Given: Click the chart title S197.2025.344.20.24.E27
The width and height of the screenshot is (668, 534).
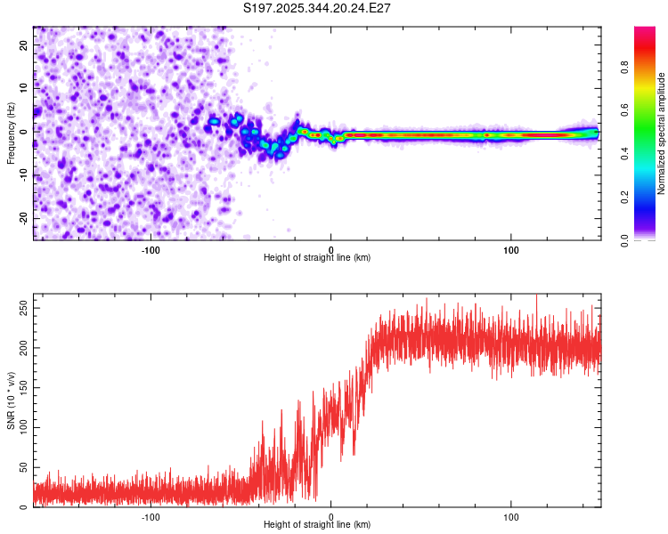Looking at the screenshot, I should point(318,8).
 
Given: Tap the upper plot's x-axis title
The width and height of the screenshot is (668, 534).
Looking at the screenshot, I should point(317,257).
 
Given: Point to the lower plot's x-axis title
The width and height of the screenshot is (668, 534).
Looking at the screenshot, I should point(317,524).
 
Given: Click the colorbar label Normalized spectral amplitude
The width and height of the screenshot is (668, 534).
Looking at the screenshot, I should point(662,133).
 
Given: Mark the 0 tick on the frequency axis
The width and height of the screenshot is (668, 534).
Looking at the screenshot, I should point(28,130).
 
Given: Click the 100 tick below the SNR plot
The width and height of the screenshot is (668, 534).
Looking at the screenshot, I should point(512,515).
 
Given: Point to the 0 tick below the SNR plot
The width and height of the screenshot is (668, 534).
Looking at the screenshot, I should point(331,515).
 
